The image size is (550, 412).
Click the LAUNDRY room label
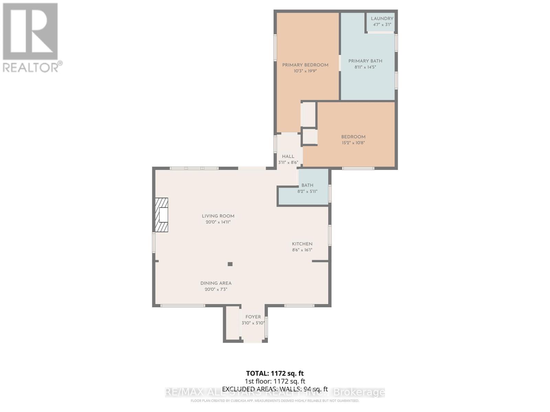(382, 19)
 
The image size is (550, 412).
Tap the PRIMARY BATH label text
(365, 61)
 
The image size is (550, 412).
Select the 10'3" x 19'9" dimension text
(305, 71)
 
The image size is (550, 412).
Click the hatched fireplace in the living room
(162, 215)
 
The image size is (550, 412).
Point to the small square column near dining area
(230, 264)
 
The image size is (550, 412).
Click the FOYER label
(253, 317)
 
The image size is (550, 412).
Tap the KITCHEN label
(302, 244)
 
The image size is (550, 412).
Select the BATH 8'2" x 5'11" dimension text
(307, 192)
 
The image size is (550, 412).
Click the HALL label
(288, 156)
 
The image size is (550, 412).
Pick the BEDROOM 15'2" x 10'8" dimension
(353, 143)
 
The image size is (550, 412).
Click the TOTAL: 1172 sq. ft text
(275, 373)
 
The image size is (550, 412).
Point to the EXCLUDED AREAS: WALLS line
(275, 389)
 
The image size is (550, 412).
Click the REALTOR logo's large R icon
(30, 32)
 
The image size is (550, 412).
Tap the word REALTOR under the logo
(31, 67)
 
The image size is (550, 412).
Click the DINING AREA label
(216, 283)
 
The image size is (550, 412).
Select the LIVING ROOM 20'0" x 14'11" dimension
(218, 222)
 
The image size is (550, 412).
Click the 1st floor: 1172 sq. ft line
(275, 381)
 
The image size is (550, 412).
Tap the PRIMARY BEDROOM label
(305, 65)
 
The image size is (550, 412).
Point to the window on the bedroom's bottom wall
(358, 168)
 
